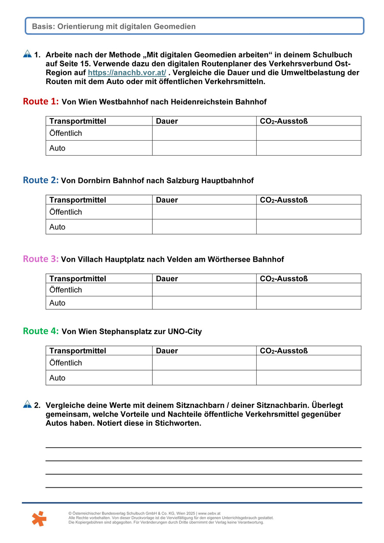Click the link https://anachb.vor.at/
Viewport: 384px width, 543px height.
127,73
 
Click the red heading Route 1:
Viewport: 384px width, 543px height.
41,101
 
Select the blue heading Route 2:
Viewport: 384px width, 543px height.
41,180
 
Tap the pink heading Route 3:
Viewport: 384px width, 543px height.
41,259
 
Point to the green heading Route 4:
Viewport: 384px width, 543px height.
41,331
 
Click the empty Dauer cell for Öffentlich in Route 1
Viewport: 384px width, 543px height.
204,133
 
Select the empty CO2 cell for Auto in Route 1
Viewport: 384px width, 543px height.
308,148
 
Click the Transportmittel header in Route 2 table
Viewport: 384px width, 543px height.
78,200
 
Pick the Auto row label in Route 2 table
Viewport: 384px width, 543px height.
57,227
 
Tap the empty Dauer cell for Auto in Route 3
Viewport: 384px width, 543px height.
204,303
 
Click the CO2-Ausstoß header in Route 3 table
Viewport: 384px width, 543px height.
284,279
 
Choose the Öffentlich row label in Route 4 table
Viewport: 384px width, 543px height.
66,363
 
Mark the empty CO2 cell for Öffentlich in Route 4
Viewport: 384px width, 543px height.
308,363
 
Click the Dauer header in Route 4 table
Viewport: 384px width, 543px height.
167,351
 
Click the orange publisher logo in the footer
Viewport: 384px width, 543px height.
39,518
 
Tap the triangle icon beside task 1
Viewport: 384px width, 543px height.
27,54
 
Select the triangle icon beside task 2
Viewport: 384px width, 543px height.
27,404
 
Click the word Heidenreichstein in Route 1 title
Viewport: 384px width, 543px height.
201,102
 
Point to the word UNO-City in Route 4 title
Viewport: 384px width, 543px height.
187,332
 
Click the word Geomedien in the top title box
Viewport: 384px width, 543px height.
175,26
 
